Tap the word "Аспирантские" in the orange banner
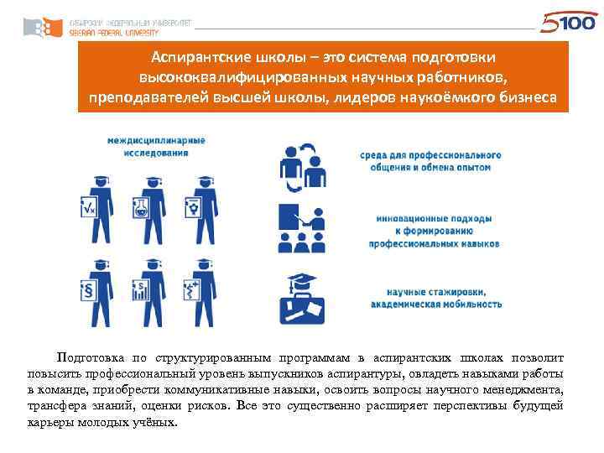click(x=189, y=56)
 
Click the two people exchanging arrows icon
click(x=303, y=168)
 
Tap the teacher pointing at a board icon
click(x=300, y=227)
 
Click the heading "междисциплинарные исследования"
click(x=155, y=148)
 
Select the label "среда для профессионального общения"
click(x=431, y=161)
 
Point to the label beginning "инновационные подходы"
click(x=434, y=231)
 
